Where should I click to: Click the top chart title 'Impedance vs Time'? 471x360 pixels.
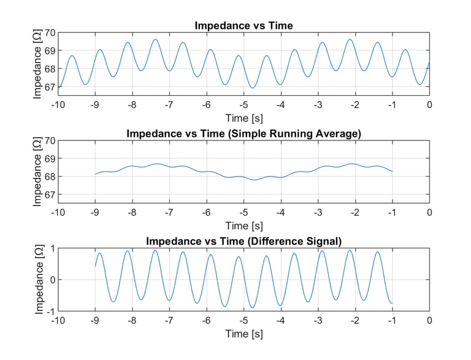pyautogui.click(x=243, y=26)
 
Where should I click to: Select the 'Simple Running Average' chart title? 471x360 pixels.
pyautogui.click(x=243, y=134)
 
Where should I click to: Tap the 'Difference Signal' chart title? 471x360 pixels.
pyautogui.click(x=243, y=241)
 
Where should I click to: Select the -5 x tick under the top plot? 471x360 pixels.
pyautogui.click(x=243, y=105)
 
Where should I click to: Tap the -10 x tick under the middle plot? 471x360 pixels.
pyautogui.click(x=58, y=212)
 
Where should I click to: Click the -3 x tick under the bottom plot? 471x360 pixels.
pyautogui.click(x=317, y=320)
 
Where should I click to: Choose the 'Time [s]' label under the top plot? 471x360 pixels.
pyautogui.click(x=243, y=117)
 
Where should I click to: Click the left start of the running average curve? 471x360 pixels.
pyautogui.click(x=95, y=174)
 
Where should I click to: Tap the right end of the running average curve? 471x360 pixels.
pyautogui.click(x=392, y=171)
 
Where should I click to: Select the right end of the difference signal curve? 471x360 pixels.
pyautogui.click(x=392, y=303)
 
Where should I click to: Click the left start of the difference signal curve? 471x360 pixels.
pyautogui.click(x=95, y=266)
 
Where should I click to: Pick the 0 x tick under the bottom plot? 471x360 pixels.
pyautogui.click(x=429, y=320)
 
